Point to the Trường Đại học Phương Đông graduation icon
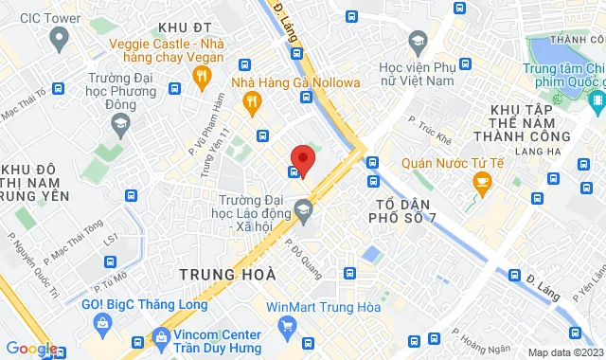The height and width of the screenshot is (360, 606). coord(120,122)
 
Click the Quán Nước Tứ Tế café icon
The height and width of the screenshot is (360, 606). coord(482,181)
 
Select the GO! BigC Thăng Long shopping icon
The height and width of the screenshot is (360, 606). coord(102,323)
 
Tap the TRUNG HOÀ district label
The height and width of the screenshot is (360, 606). coord(227,274)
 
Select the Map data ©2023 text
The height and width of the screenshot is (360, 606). coord(565,352)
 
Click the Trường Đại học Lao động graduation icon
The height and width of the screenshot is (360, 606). coord(304,209)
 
